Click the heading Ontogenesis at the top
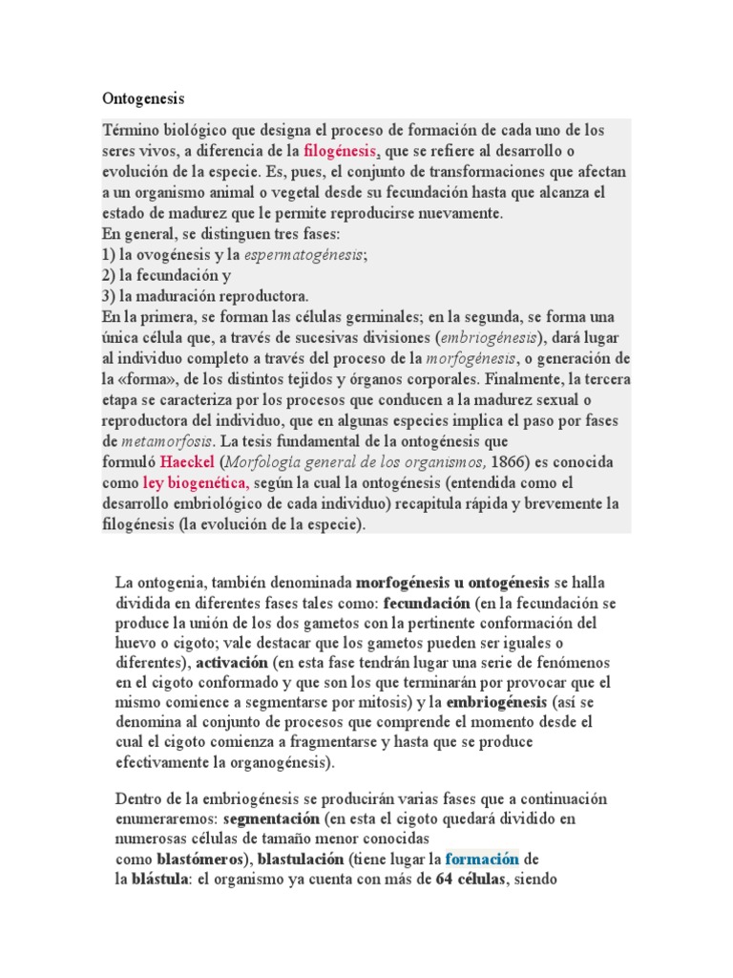click(143, 98)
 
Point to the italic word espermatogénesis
click(304, 255)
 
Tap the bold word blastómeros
click(199, 859)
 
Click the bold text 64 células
click(472, 880)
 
